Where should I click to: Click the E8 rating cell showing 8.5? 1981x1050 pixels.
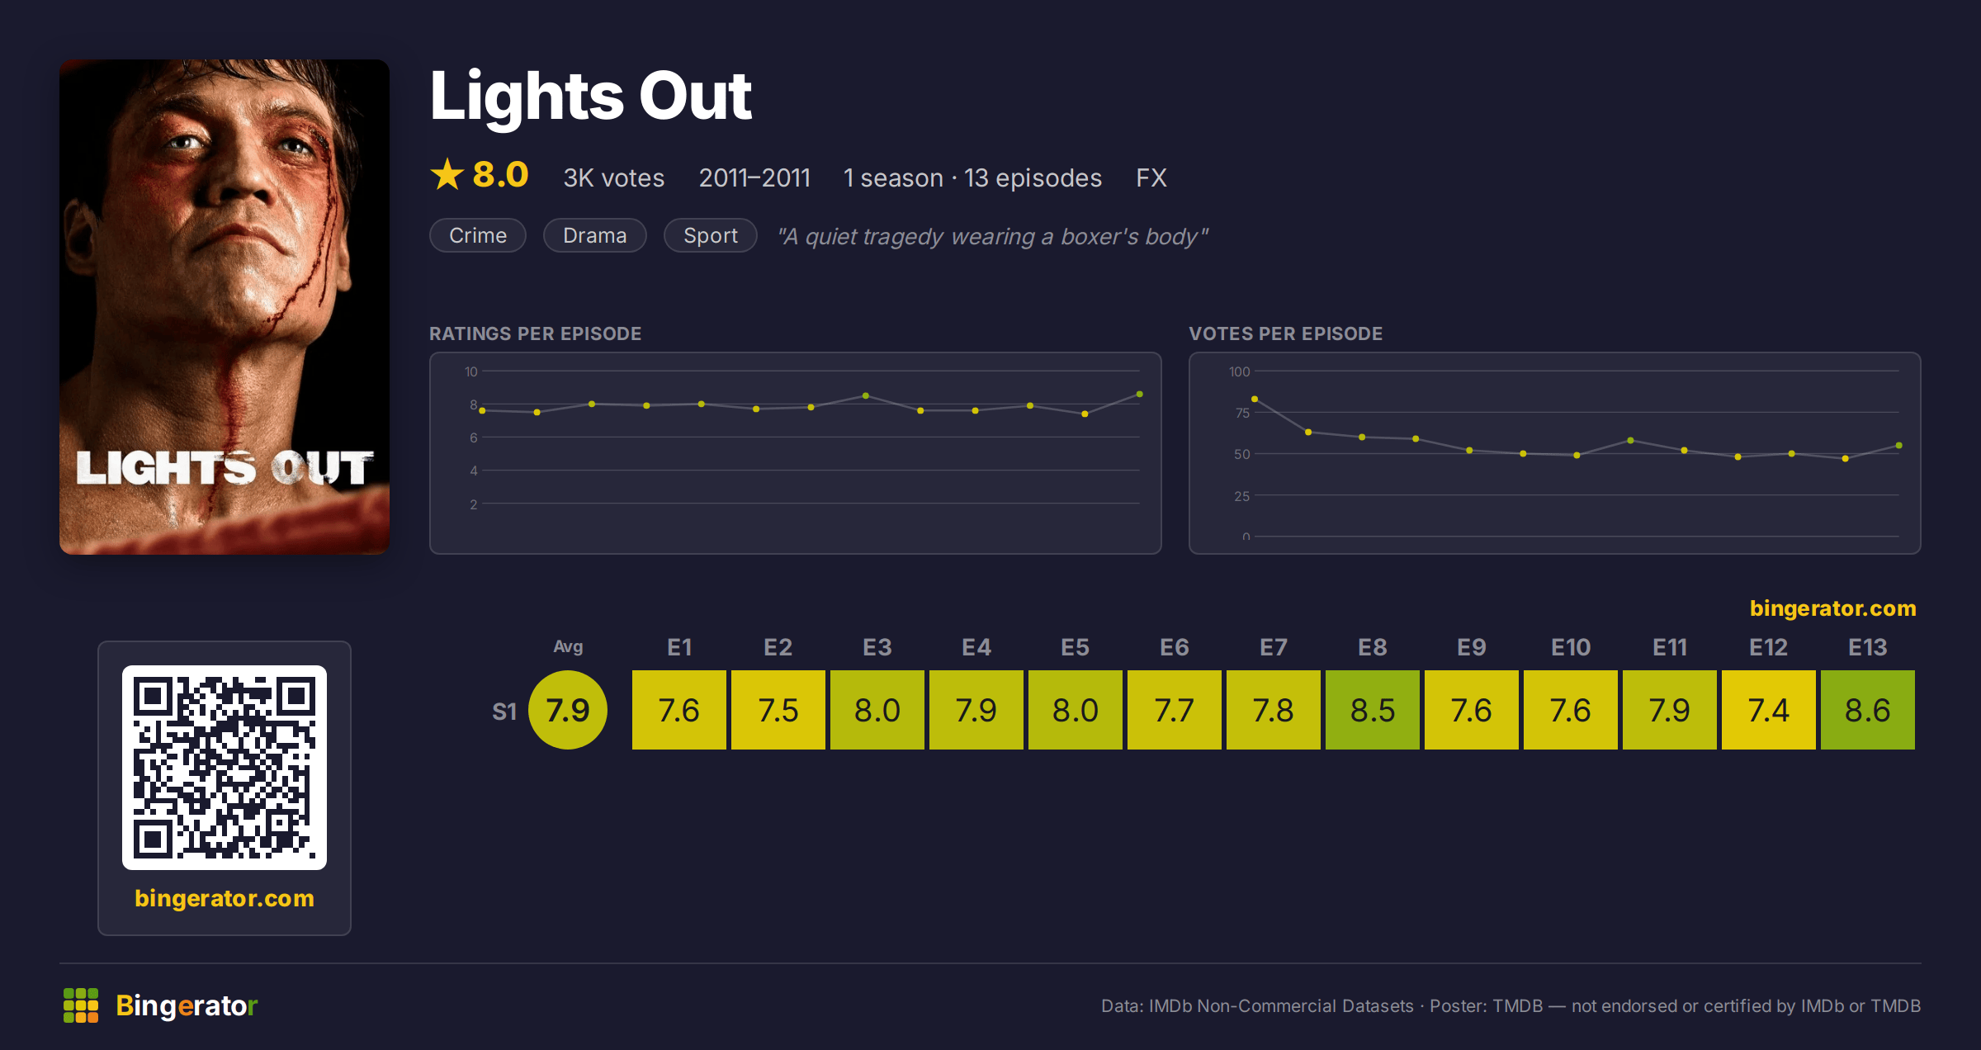[x=1373, y=710]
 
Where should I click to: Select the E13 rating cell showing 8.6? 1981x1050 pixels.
[x=1868, y=710]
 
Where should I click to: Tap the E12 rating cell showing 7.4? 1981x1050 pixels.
[x=1769, y=710]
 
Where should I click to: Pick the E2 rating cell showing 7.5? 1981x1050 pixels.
[x=778, y=710]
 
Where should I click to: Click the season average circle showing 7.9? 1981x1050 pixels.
[x=568, y=710]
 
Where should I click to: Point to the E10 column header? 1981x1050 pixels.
[x=1571, y=647]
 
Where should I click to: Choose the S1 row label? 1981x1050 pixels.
[x=504, y=712]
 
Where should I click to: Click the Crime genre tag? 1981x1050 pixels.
[x=478, y=235]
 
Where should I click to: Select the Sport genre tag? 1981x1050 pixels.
[x=711, y=235]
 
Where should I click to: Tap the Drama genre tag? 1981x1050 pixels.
[x=595, y=235]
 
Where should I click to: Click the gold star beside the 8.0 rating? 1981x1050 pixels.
[x=447, y=174]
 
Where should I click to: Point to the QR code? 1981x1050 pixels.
[x=225, y=768]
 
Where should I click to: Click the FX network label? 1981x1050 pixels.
[x=1151, y=177]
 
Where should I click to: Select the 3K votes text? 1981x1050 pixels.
[x=614, y=177]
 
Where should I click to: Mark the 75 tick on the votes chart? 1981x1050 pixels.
[x=1242, y=413]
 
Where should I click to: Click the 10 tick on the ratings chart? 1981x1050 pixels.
[x=471, y=371]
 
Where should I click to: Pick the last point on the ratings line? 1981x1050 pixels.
[x=1140, y=395]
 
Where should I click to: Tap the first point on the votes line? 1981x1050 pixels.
[x=1255, y=400]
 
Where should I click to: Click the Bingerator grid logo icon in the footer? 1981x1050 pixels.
[x=81, y=1005]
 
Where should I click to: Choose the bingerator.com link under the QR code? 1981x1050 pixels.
[x=225, y=898]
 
